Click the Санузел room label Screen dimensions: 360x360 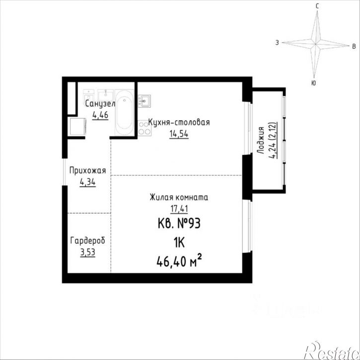[100, 104]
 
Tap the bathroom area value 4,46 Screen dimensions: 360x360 [100, 115]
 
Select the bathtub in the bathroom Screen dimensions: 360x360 [125, 113]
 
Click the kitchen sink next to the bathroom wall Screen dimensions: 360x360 [144, 101]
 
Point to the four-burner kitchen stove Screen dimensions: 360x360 [144, 128]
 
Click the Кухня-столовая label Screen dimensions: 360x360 [179, 122]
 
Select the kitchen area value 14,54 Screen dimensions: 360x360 [179, 134]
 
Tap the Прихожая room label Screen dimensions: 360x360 [87, 171]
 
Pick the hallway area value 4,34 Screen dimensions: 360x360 [87, 183]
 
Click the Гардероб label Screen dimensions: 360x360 [87, 241]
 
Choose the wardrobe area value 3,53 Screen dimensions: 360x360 [87, 253]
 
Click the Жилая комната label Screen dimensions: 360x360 [179, 197]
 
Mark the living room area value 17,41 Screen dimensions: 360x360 [179, 209]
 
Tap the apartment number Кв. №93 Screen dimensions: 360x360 [179, 223]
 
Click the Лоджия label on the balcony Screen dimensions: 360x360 [260, 141]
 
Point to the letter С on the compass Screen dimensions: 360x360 [317, 6]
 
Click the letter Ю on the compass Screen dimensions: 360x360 [313, 83]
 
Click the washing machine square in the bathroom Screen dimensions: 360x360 [77, 126]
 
